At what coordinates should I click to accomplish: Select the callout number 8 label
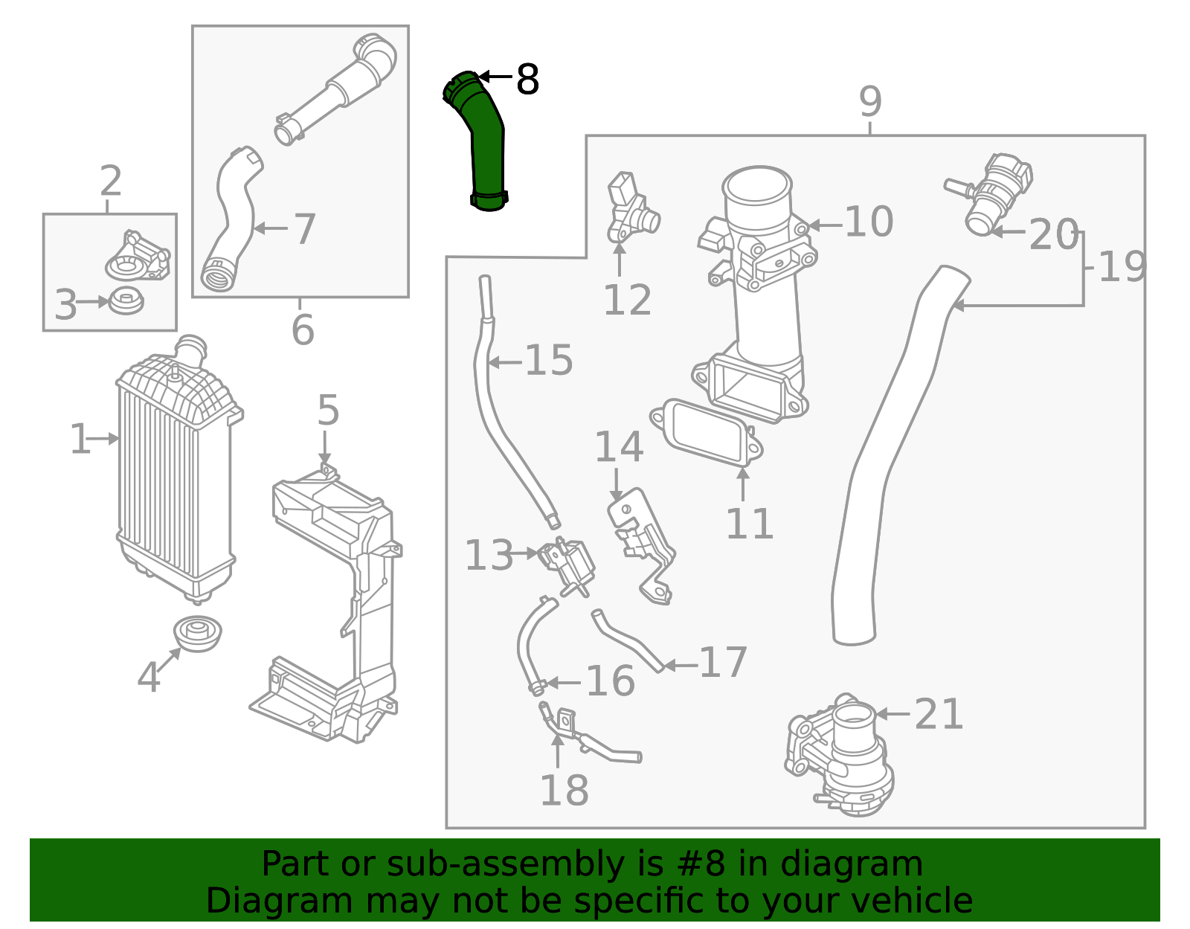527,80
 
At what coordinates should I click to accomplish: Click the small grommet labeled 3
126,301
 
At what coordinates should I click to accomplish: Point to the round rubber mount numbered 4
198,633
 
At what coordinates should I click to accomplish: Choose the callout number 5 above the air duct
328,411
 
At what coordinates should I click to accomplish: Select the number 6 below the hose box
303,330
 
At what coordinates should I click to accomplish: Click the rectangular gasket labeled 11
707,434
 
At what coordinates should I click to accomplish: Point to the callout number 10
869,222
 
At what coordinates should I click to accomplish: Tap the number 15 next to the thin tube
549,361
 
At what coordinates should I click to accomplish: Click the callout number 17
723,662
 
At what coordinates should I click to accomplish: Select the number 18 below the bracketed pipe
564,790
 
